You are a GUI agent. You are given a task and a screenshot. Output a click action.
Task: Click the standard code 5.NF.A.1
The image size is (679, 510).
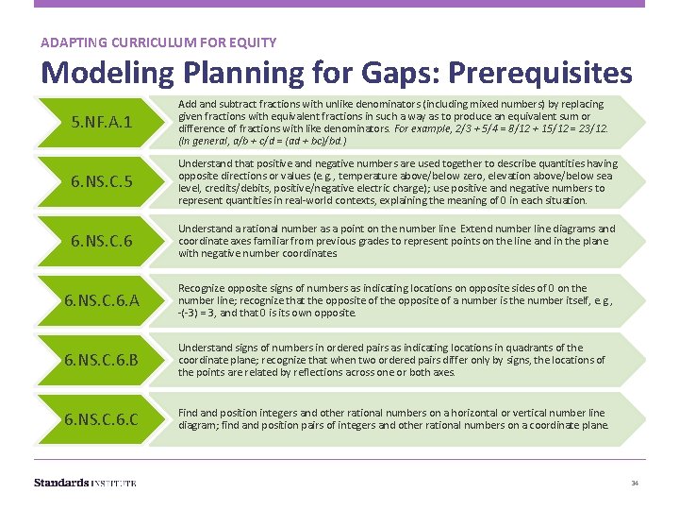(100, 123)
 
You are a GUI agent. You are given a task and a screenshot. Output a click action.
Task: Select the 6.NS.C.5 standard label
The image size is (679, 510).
(101, 182)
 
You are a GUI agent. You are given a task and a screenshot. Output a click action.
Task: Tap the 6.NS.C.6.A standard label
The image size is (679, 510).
(101, 301)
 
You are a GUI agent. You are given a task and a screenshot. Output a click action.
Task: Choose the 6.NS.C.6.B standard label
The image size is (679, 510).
(101, 360)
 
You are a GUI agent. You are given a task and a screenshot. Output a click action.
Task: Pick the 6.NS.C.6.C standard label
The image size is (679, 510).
(101, 419)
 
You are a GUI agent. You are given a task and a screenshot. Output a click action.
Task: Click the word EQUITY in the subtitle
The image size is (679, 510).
(254, 42)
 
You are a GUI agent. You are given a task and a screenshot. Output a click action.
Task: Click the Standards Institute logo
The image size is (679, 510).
(85, 483)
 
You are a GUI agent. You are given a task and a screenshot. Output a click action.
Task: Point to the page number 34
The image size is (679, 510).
(635, 484)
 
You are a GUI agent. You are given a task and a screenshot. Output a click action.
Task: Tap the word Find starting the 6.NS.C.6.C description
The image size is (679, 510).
(188, 413)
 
